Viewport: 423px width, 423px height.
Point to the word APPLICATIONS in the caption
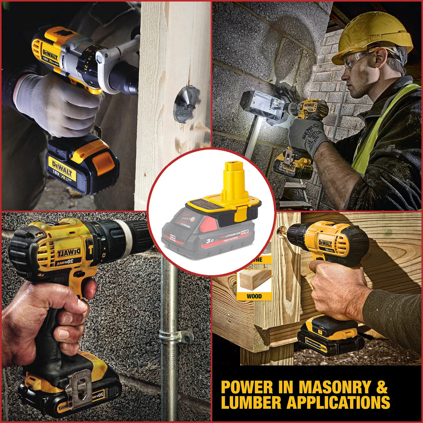[338, 402]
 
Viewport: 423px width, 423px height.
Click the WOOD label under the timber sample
[254, 296]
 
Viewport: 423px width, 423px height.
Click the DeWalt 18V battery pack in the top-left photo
[82, 164]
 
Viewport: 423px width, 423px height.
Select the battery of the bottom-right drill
[329, 334]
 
